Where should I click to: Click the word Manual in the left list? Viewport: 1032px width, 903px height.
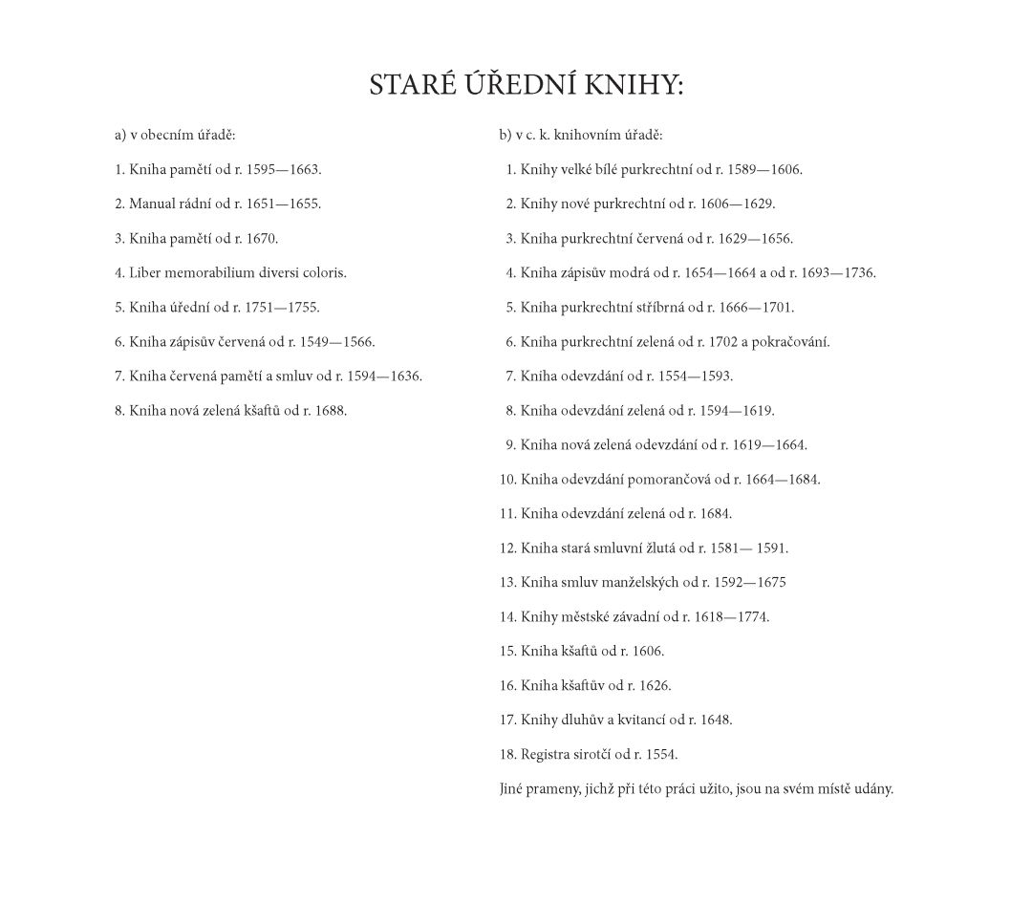153,204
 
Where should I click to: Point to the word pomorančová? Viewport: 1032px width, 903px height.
663,480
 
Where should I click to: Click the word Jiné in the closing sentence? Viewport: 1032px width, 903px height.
512,789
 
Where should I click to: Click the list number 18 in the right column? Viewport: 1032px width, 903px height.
507,755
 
